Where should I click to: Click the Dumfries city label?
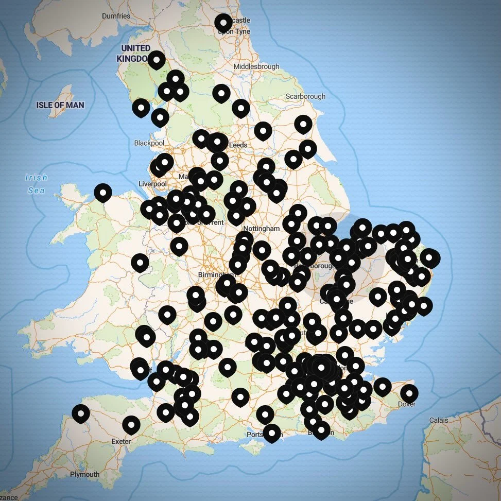[x=116, y=16]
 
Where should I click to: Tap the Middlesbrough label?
[x=256, y=66]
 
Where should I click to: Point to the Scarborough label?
[x=305, y=96]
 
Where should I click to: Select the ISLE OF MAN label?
[x=60, y=105]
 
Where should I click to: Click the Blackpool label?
[x=149, y=143]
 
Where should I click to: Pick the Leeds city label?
[x=238, y=145]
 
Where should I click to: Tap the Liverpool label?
[x=152, y=184]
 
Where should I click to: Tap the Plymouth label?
[x=85, y=474]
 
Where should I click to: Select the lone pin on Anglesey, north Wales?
[x=103, y=193]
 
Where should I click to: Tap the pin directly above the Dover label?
[x=409, y=393]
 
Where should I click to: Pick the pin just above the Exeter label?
[x=131, y=425]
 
